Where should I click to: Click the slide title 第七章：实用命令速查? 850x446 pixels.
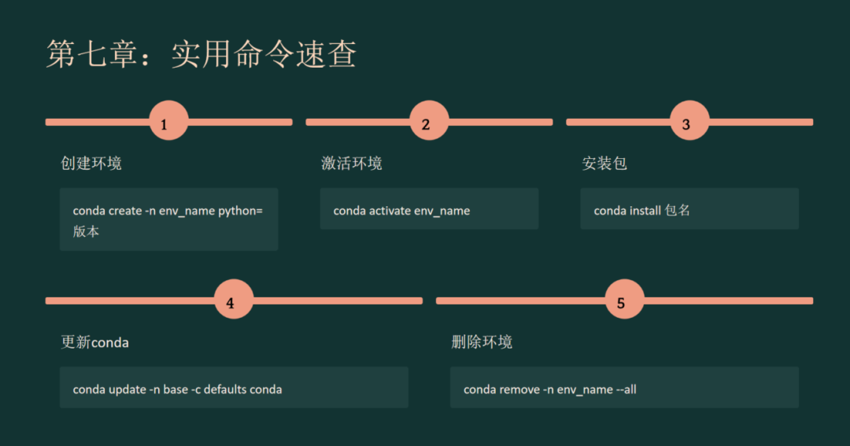[x=201, y=54]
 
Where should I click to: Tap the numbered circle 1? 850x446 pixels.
[x=168, y=122]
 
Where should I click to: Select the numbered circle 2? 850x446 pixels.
[x=429, y=122]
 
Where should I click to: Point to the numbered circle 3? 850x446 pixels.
[x=689, y=122]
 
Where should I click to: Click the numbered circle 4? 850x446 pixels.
[x=234, y=300]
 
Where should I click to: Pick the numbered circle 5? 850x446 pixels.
[x=625, y=300]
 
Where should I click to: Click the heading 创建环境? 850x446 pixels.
[x=91, y=164]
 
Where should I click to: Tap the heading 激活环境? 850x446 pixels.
[x=352, y=164]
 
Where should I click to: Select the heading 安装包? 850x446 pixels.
[x=604, y=164]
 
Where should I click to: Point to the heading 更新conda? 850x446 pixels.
[x=94, y=342]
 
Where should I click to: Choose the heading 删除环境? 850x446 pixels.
[x=482, y=342]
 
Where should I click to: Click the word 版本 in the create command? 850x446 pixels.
[x=86, y=231]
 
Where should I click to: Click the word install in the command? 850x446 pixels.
[x=645, y=211]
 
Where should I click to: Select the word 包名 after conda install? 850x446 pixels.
[x=678, y=211]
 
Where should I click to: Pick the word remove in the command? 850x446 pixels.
[x=519, y=389]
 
